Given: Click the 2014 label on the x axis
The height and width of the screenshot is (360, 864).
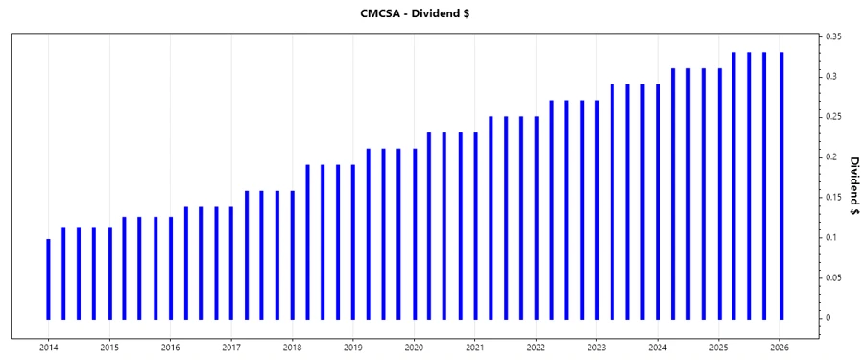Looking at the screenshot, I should pos(48,347).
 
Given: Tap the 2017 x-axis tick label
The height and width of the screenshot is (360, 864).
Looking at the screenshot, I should pos(230,347).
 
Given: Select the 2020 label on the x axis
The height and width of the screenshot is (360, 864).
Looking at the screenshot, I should pos(414,347).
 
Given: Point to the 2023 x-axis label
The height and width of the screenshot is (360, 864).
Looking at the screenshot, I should pos(597,347).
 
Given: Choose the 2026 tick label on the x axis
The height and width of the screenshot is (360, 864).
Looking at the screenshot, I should pos(780,347).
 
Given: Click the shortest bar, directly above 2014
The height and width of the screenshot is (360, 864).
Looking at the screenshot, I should pos(48,278).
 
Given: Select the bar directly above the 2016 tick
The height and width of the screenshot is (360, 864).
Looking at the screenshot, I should pos(171,267).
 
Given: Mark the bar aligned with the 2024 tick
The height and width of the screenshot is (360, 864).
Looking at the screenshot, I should pos(658,201).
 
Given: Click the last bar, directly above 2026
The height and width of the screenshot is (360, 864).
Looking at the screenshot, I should pos(780,184).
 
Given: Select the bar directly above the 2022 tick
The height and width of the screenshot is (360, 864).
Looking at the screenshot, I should pos(536,217).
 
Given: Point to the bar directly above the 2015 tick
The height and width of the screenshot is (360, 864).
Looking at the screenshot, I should pos(109,273).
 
